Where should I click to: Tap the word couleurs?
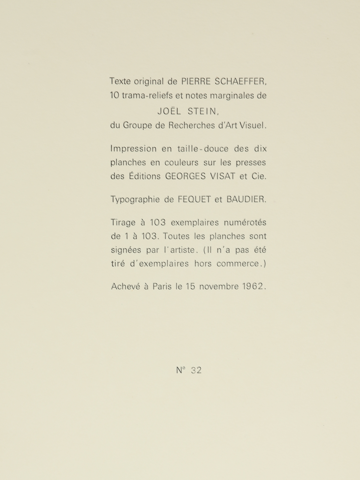181,163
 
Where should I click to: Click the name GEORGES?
185,176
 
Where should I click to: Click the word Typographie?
135,200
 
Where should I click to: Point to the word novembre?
219,286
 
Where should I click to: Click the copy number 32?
196,370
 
